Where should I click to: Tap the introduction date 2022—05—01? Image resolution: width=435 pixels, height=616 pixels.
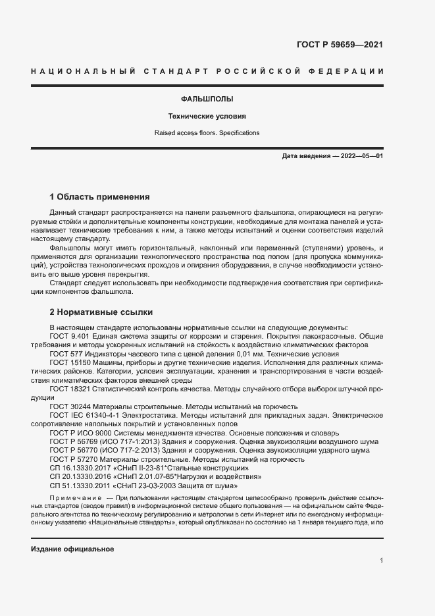(360, 156)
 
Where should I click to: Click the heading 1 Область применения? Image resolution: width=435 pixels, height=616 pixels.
(100, 197)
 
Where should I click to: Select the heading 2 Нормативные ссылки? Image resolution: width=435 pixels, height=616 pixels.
(101, 312)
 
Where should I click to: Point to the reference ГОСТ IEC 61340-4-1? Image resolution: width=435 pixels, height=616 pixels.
(84, 416)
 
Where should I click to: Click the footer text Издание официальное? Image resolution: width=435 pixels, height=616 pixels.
(72, 549)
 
